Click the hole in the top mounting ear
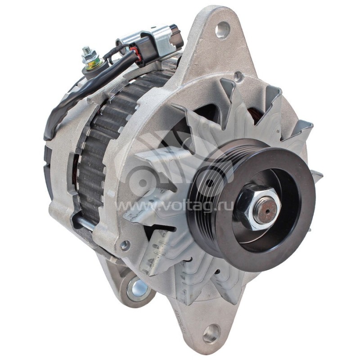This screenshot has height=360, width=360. coord(222,31)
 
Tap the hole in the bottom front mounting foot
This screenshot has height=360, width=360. coord(210,333)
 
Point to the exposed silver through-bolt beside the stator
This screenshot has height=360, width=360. coord(83,220)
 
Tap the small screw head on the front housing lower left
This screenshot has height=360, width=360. coord(125,245)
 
